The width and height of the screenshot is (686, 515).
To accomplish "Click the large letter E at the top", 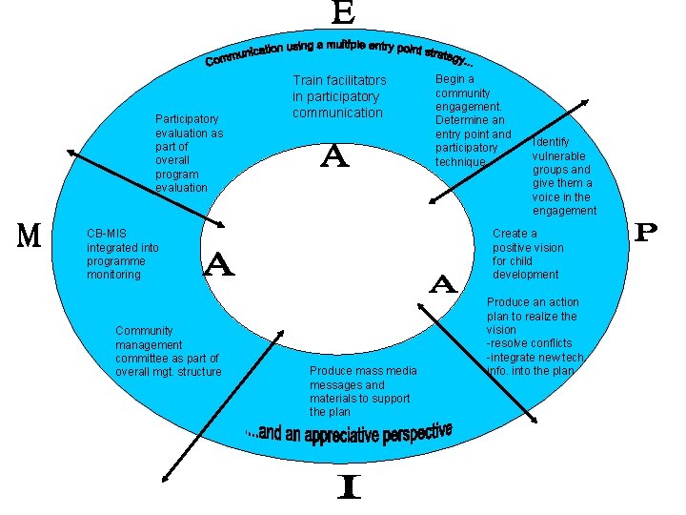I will [x=344, y=13].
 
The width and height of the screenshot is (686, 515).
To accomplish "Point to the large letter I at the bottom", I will [x=350, y=489].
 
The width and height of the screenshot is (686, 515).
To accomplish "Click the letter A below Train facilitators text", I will [x=333, y=155].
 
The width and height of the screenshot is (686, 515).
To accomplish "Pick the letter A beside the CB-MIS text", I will [x=219, y=264].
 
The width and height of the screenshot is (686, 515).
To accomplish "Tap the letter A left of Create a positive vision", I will [x=443, y=283].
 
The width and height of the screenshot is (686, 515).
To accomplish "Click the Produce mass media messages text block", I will [x=359, y=391].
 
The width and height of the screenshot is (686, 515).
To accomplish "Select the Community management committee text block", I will [x=167, y=351].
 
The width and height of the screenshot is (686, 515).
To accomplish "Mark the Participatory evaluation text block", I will [x=189, y=154].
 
